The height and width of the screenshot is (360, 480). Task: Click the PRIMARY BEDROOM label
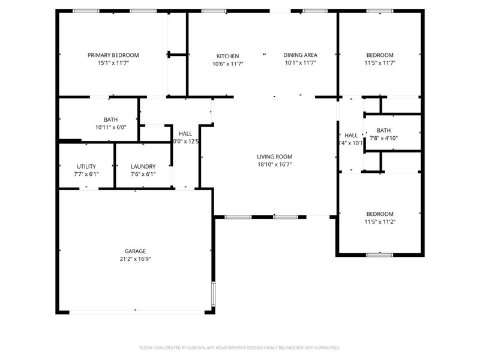click(113, 55)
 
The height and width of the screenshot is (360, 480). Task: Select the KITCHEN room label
click(227, 56)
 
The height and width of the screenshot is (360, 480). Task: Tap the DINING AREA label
click(300, 55)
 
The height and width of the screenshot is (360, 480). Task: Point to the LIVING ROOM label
click(275, 157)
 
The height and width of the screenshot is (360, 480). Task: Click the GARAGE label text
click(135, 251)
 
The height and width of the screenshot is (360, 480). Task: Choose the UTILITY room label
click(86, 166)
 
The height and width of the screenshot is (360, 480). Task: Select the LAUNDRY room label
click(143, 166)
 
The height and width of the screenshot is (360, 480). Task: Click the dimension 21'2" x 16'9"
click(135, 259)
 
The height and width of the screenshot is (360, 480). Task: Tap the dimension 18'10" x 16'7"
click(275, 164)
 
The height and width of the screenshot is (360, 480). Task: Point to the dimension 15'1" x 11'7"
click(113, 63)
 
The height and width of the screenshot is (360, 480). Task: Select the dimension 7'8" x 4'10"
click(383, 138)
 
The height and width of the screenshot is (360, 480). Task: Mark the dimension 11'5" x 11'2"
click(380, 222)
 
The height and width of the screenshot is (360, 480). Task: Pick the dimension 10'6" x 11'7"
click(227, 63)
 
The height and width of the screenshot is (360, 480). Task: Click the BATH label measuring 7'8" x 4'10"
click(383, 130)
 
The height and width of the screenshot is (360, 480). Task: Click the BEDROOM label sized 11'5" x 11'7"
click(380, 55)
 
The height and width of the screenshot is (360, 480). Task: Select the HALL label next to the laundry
click(185, 134)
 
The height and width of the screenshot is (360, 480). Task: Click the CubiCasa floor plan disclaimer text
click(240, 347)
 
